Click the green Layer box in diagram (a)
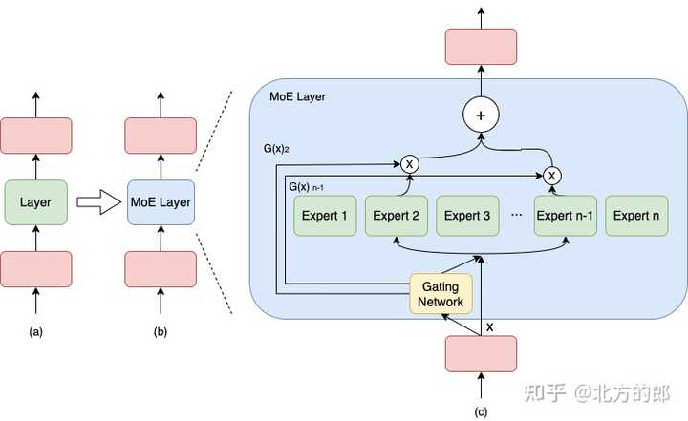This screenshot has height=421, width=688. [x=36, y=202]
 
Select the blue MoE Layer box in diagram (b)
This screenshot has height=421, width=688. [x=160, y=202]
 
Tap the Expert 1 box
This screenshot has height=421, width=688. [x=325, y=216]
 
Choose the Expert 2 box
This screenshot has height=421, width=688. [x=397, y=216]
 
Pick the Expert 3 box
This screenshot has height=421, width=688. [x=468, y=216]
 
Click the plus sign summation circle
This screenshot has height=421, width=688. [x=482, y=116]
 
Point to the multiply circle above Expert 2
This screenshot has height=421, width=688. [x=410, y=164]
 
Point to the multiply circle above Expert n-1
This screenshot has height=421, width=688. [x=551, y=175]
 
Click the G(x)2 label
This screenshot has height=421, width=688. [x=276, y=151]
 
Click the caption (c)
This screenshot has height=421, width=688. [x=481, y=411]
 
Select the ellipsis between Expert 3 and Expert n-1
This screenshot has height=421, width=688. [x=516, y=217]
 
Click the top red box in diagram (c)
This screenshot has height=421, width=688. [x=481, y=47]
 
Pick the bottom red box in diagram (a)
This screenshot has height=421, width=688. [x=36, y=270]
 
